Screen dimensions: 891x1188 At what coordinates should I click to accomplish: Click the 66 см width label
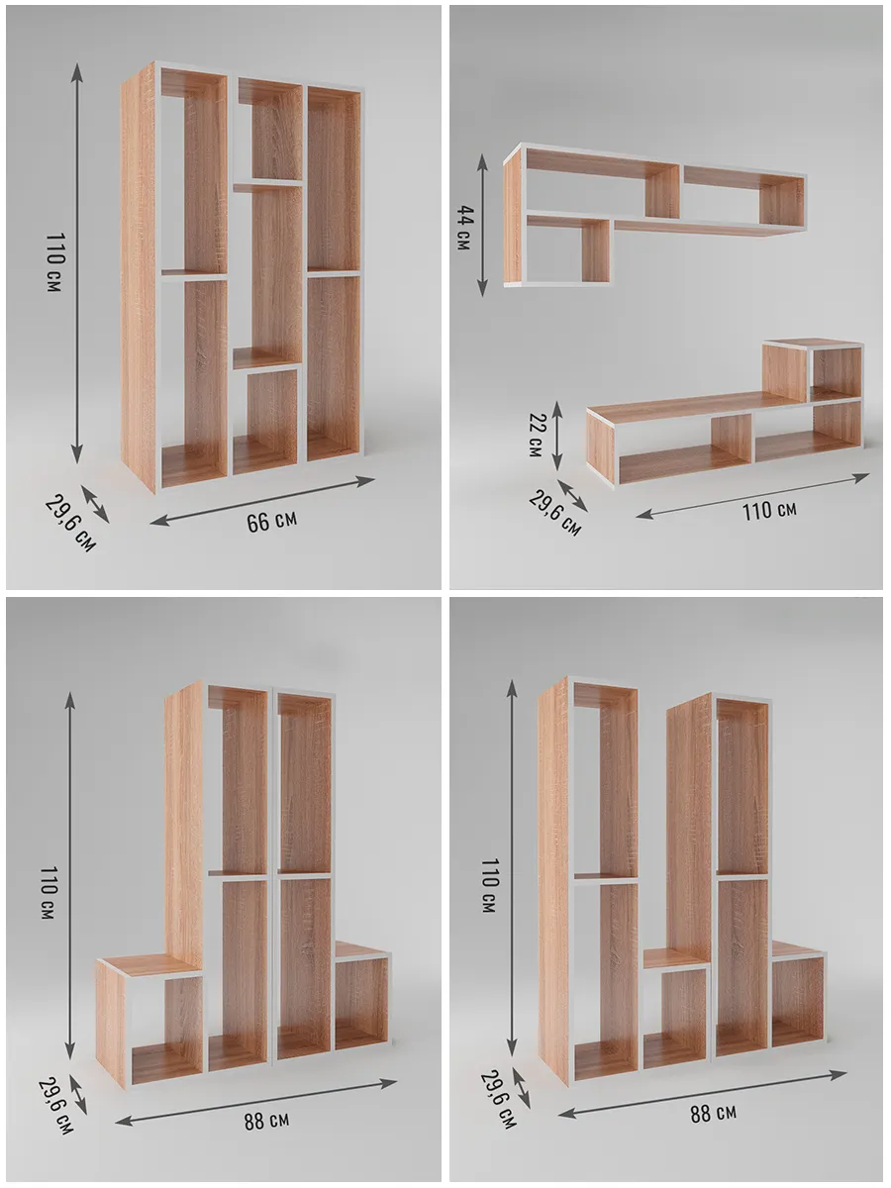271,521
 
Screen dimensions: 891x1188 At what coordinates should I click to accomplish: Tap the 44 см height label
464,228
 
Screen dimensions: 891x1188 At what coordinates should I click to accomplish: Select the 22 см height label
536,436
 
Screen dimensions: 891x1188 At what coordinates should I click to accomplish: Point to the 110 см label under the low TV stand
769,511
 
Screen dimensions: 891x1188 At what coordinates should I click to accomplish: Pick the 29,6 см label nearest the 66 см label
69,523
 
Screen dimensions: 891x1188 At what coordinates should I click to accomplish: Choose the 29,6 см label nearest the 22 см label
554,512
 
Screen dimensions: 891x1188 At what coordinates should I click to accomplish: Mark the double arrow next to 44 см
482,225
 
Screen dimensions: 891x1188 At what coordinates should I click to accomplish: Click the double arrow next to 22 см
556,437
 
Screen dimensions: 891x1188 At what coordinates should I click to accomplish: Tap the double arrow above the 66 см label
262,501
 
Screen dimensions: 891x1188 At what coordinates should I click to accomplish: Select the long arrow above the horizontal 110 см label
752,496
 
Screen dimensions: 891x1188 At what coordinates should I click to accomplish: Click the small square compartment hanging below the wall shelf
568,249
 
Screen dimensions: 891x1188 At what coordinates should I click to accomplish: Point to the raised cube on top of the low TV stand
813,370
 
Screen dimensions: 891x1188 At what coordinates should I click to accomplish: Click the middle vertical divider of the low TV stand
732,438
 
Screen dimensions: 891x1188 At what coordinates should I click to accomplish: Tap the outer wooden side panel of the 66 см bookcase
138,276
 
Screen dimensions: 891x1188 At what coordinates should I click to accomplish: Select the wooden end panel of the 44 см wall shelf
512,217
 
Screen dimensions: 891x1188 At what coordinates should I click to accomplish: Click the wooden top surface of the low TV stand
687,408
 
